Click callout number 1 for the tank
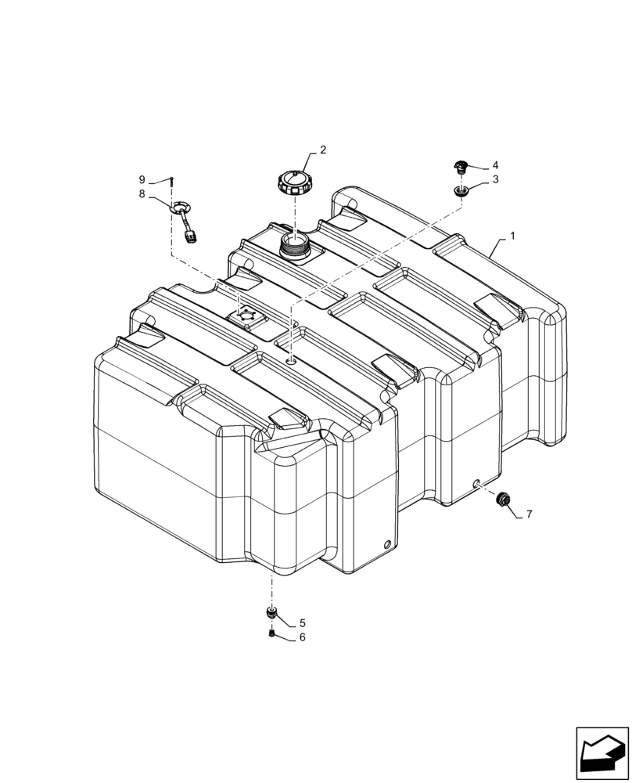click(514, 236)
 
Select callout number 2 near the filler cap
click(322, 149)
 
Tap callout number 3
click(495, 181)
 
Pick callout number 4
click(495, 166)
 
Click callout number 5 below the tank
click(302, 623)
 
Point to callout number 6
click(302, 638)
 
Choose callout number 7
click(529, 514)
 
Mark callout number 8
click(142, 193)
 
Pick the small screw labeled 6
click(271, 633)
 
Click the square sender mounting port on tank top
click(244, 316)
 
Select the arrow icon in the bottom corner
click(602, 753)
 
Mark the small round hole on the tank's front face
click(386, 545)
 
